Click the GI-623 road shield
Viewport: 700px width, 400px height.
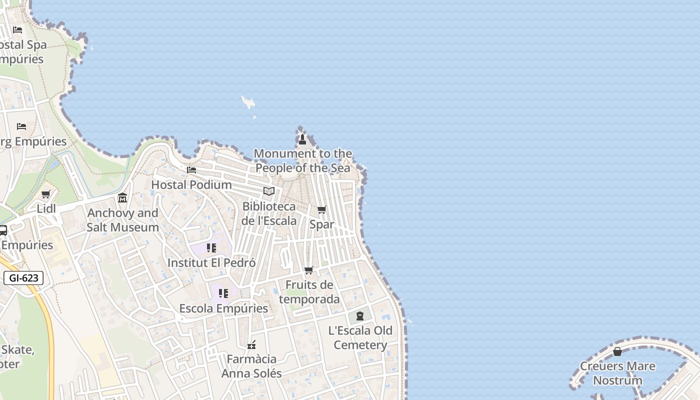pyautogui.click(x=23, y=278)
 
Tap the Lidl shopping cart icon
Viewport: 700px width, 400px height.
pyautogui.click(x=46, y=194)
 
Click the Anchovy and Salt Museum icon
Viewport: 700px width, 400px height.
pyautogui.click(x=122, y=198)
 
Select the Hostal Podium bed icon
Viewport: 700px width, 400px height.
pyautogui.click(x=191, y=170)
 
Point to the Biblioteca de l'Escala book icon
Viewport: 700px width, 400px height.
pyautogui.click(x=269, y=191)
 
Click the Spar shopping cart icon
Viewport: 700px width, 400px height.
pyautogui.click(x=322, y=210)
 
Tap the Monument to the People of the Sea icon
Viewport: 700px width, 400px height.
pyautogui.click(x=302, y=138)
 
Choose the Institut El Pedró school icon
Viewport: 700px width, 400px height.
pyautogui.click(x=211, y=248)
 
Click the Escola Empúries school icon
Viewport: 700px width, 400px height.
pyautogui.click(x=223, y=293)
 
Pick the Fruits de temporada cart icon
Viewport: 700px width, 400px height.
pyautogui.click(x=309, y=270)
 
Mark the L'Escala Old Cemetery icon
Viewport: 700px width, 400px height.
pyautogui.click(x=360, y=316)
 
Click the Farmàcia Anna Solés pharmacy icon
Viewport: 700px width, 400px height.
pyautogui.click(x=251, y=344)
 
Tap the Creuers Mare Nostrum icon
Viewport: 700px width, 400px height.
pyautogui.click(x=617, y=351)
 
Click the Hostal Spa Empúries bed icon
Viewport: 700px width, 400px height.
pyautogui.click(x=17, y=30)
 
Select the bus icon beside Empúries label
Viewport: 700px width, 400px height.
pyautogui.click(x=2, y=230)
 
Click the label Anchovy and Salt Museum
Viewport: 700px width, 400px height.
pyautogui.click(x=123, y=220)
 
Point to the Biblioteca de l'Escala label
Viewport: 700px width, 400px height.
pyautogui.click(x=269, y=213)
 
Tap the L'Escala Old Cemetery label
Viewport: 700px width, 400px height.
pyautogui.click(x=360, y=337)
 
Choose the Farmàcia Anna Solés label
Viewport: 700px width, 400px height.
pyautogui.click(x=251, y=366)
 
